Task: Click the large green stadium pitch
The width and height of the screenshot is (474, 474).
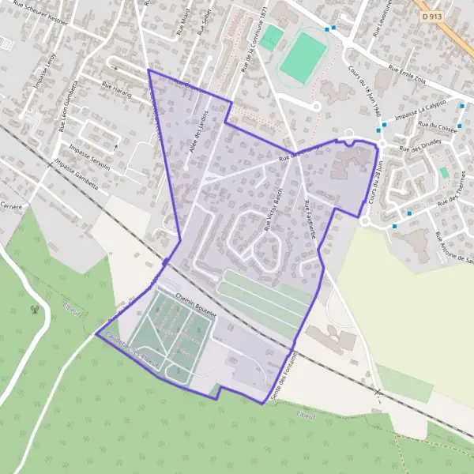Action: coord(303,56)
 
